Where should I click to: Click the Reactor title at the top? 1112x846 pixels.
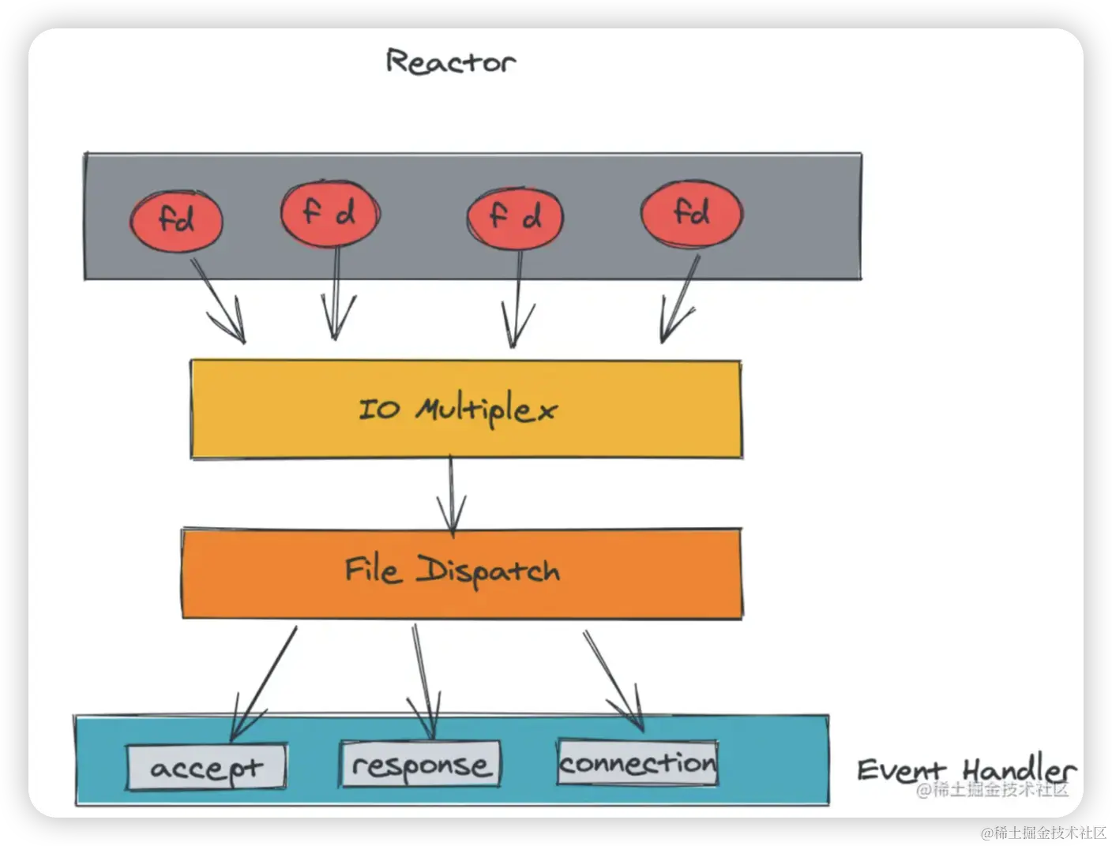[x=450, y=62]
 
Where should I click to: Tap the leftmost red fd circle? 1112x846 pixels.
[x=176, y=219]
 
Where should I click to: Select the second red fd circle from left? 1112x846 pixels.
[x=330, y=213]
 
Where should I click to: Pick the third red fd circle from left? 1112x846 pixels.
[x=515, y=215]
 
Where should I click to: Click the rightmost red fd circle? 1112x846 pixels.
[x=691, y=213]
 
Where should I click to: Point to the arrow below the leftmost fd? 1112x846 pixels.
[x=219, y=300]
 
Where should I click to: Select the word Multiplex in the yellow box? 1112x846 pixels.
[x=486, y=410]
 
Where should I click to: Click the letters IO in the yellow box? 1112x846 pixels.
[x=379, y=409]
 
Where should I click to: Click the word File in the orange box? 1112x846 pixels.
[x=372, y=570]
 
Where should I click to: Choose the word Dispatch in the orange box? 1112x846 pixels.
[x=488, y=571]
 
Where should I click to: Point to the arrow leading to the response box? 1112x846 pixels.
[x=424, y=679]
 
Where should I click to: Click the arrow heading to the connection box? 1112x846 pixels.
[x=614, y=679]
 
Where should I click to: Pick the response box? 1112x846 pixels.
[x=420, y=765]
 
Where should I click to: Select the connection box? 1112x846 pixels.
[x=637, y=762]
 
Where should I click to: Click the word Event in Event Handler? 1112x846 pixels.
[x=901, y=769]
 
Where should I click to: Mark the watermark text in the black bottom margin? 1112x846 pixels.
[x=1042, y=831]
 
